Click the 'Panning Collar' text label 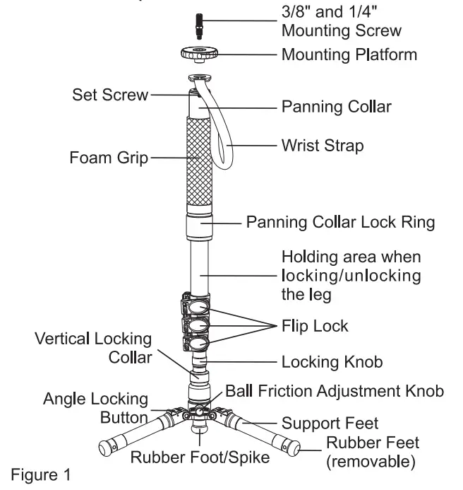(336, 107)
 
